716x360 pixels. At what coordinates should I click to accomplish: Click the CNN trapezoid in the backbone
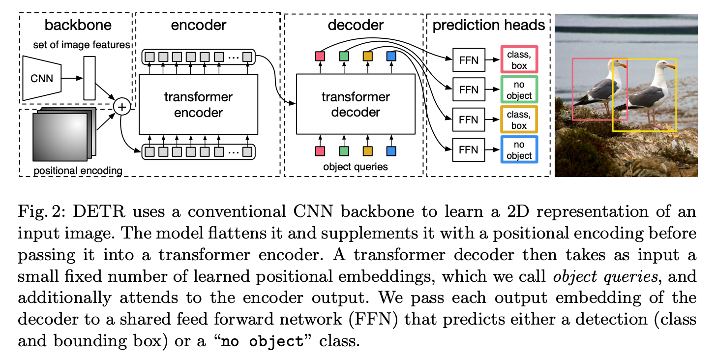(42, 78)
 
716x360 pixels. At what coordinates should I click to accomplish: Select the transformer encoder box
(198, 104)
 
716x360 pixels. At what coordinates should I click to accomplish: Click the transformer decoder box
(356, 104)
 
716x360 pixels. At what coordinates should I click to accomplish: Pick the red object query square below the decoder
(320, 151)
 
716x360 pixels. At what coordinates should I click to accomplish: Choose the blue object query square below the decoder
(391, 151)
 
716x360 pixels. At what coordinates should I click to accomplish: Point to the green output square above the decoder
(344, 57)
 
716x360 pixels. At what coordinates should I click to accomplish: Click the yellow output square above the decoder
(368, 57)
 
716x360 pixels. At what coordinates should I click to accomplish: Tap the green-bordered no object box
(519, 90)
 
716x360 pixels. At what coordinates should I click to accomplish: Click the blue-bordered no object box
(519, 150)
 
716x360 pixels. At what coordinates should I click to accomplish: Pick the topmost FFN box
(468, 59)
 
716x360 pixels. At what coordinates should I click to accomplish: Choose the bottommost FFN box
(468, 150)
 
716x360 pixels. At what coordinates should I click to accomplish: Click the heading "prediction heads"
(489, 25)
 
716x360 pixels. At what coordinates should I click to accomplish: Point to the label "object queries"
(355, 167)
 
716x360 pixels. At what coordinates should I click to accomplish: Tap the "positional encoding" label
(78, 171)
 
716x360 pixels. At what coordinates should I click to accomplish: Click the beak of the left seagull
(623, 65)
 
